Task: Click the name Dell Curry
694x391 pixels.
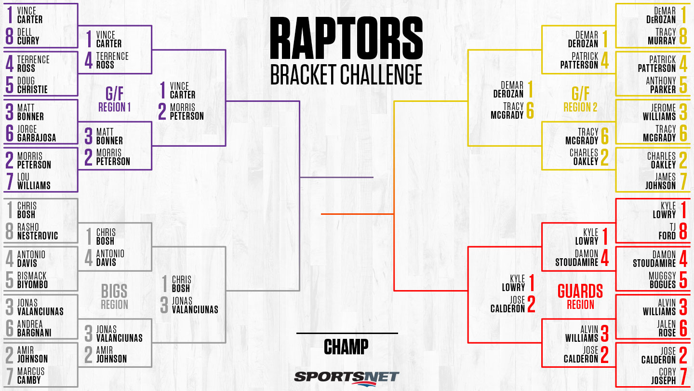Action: pos(28,36)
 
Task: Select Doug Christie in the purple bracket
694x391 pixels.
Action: pos(32,85)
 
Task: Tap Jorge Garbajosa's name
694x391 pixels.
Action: pos(37,133)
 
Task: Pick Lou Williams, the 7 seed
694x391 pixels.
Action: pos(34,181)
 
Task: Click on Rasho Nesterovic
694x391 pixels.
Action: pos(38,231)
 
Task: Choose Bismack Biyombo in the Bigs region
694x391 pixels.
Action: pos(33,280)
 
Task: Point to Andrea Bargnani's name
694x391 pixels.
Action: pos(34,328)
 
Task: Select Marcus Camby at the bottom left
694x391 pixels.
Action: pos(31,376)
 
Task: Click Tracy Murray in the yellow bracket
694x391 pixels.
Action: pos(662,36)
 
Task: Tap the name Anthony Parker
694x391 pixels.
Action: pos(661,85)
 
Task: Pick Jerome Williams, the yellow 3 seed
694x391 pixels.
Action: pos(659,112)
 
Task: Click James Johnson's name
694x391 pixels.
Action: pos(661,181)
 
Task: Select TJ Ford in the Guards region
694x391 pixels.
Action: pos(667,231)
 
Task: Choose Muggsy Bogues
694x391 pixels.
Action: pos(662,280)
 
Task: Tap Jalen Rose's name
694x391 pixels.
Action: pos(667,328)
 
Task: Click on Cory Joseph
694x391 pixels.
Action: pos(663,376)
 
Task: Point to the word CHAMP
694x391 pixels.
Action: pos(346,347)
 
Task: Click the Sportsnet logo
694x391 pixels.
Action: pos(347,378)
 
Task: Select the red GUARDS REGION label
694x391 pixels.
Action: pos(580,296)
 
